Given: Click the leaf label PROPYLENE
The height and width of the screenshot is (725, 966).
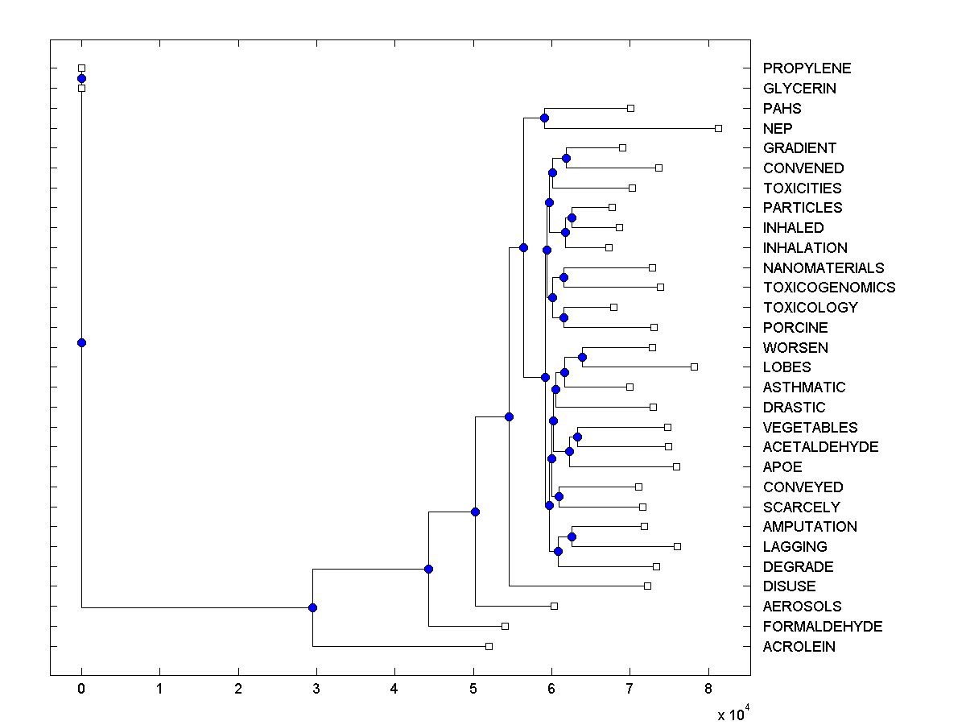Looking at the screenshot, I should pos(807,68).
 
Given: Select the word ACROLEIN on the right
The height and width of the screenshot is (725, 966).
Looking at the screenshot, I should pos(799,647).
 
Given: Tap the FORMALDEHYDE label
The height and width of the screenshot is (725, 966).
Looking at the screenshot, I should pos(823,627).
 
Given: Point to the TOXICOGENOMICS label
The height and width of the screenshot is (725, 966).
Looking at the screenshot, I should pos(828,288).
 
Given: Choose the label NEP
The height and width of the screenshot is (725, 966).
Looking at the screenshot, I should pos(778,128).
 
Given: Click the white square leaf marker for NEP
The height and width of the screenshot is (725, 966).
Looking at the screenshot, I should pos(719,128).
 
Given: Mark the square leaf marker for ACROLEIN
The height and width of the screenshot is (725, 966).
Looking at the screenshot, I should pos(489,646).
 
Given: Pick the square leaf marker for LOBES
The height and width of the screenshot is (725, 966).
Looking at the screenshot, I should pos(694,367).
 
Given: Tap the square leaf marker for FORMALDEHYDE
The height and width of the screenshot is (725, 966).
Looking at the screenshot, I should pos(505,626).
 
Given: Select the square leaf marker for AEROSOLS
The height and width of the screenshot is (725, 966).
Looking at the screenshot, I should pos(554,606).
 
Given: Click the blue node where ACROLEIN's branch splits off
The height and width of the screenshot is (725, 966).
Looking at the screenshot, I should pos(312,607).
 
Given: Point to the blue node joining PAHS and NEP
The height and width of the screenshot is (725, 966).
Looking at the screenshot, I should pos(544,118).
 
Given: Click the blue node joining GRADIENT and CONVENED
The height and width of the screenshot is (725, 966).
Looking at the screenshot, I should pos(566,158).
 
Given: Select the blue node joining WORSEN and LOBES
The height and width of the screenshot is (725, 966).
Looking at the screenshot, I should pos(583,357).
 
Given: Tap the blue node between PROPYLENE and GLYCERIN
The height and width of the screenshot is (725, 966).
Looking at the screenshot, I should pos(81,78).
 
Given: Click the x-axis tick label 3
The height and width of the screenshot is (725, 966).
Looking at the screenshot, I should pos(316,689).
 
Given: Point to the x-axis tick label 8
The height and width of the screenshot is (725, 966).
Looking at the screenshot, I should pos(708,689).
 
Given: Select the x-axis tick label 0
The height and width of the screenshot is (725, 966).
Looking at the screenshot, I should pos(81,689).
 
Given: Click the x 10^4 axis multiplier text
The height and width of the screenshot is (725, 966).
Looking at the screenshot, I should pos(733,714).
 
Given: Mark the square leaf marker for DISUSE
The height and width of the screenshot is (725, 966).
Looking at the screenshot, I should pos(647,586).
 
